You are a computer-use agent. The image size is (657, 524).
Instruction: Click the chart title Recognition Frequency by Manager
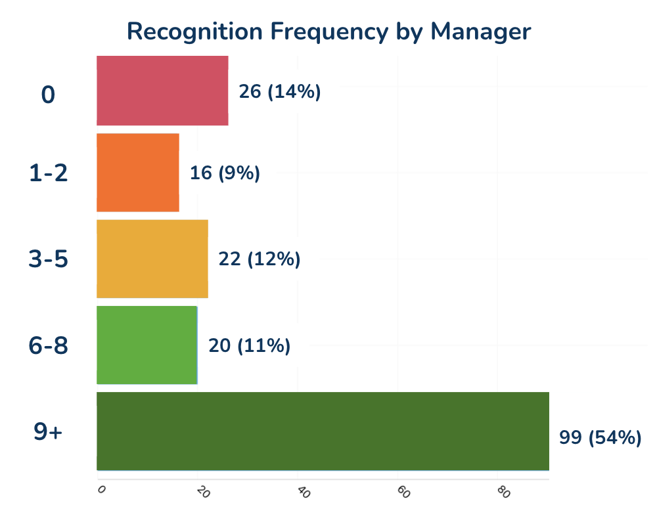click(x=328, y=31)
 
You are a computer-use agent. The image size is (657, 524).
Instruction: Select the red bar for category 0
click(x=162, y=91)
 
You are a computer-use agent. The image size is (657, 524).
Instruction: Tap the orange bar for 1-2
click(x=138, y=173)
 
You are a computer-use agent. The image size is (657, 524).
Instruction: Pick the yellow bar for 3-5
click(x=152, y=259)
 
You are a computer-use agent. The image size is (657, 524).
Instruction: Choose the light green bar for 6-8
click(x=147, y=345)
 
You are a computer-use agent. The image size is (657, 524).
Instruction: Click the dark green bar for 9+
click(x=323, y=431)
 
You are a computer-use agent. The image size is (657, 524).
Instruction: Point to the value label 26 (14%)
click(x=280, y=92)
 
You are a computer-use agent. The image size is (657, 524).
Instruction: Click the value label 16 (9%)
click(x=225, y=173)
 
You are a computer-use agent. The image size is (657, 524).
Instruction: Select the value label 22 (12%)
click(x=260, y=259)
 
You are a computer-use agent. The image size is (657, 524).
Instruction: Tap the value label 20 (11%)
click(x=250, y=345)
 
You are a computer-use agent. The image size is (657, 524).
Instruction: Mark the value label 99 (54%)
click(x=600, y=437)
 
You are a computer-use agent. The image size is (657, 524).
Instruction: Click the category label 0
click(x=48, y=95)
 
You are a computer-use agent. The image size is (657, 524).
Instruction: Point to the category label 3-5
click(x=49, y=259)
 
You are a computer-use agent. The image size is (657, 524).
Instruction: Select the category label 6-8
click(x=49, y=345)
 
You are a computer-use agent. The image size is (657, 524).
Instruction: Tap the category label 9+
click(x=48, y=431)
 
